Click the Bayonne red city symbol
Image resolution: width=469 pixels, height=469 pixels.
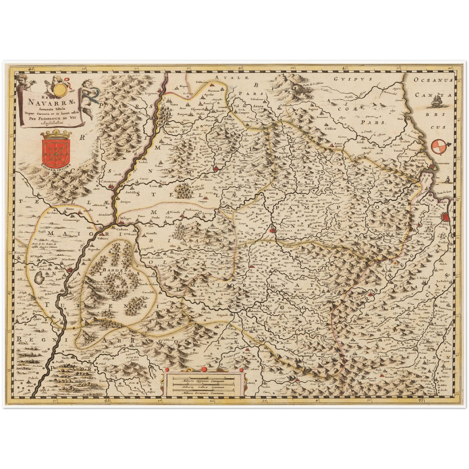447,216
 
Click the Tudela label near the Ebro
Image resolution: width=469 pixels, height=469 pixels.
68,264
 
